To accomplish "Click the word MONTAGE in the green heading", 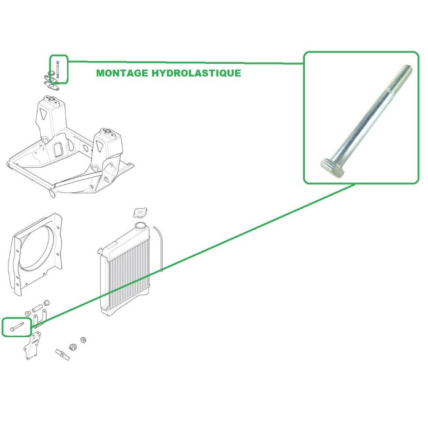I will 120,73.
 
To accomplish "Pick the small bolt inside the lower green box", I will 16,325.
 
